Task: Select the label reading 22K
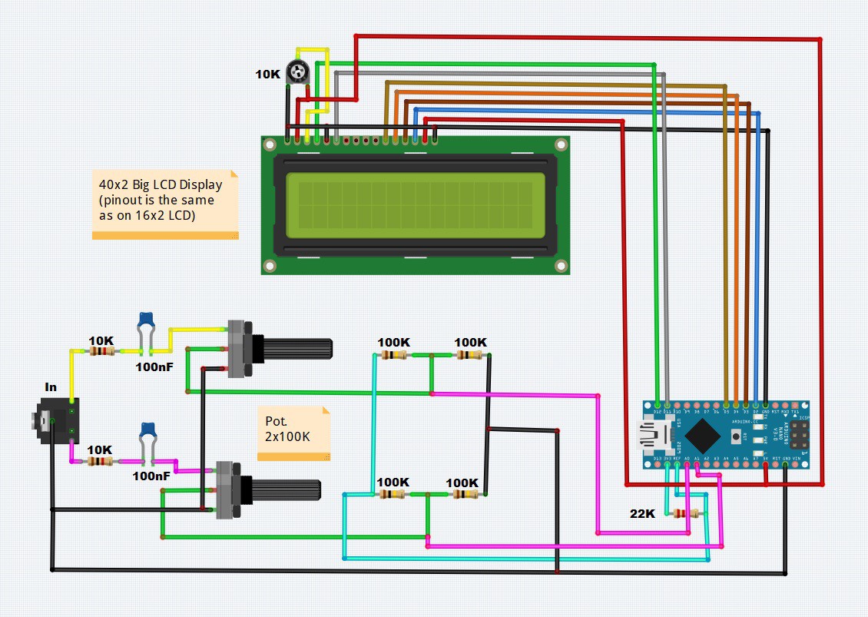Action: [643, 513]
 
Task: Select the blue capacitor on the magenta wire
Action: [146, 430]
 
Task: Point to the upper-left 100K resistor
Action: [393, 355]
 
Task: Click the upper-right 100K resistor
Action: [469, 355]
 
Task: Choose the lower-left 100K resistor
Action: [393, 494]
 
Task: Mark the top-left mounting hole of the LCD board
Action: [270, 144]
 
